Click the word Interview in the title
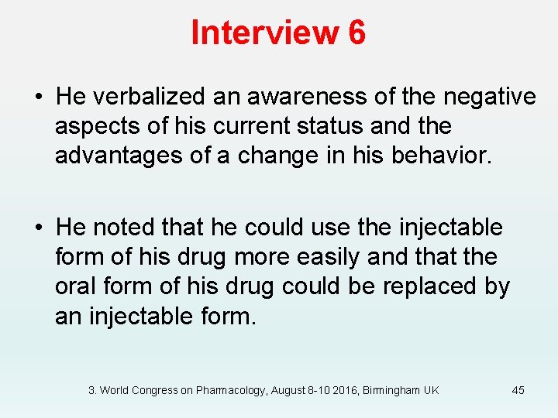263,34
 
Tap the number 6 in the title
356,34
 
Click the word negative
489,97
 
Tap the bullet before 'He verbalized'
38,98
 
